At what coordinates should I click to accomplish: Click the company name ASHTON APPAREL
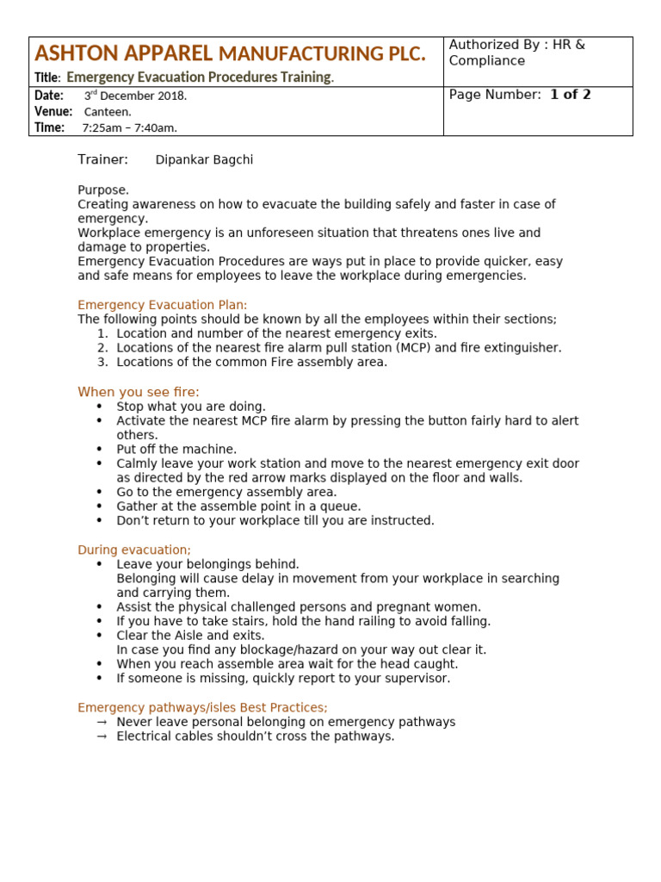coord(123,53)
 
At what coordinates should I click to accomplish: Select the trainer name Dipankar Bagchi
coord(204,160)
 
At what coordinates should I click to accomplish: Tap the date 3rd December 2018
coord(135,96)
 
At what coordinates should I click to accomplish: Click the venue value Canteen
coord(108,112)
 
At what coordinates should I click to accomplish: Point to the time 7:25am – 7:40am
coord(129,128)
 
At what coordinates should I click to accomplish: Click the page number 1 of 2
coord(570,95)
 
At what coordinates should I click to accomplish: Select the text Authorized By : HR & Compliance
coord(516,53)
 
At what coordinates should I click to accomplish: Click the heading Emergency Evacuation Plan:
coord(162,305)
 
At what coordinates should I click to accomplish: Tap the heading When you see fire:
coord(139,392)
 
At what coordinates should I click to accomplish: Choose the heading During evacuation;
coord(134,550)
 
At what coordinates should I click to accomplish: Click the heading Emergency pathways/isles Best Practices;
coord(202,707)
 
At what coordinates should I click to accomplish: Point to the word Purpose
coord(103,189)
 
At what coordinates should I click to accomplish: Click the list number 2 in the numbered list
coord(102,348)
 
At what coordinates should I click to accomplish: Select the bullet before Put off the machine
coord(99,450)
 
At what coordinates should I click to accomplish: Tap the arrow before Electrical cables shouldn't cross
coord(102,736)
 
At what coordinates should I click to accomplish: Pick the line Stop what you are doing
coord(191,407)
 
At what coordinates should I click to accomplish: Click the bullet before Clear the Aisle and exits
coord(99,636)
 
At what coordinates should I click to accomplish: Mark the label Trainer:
coord(102,159)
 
